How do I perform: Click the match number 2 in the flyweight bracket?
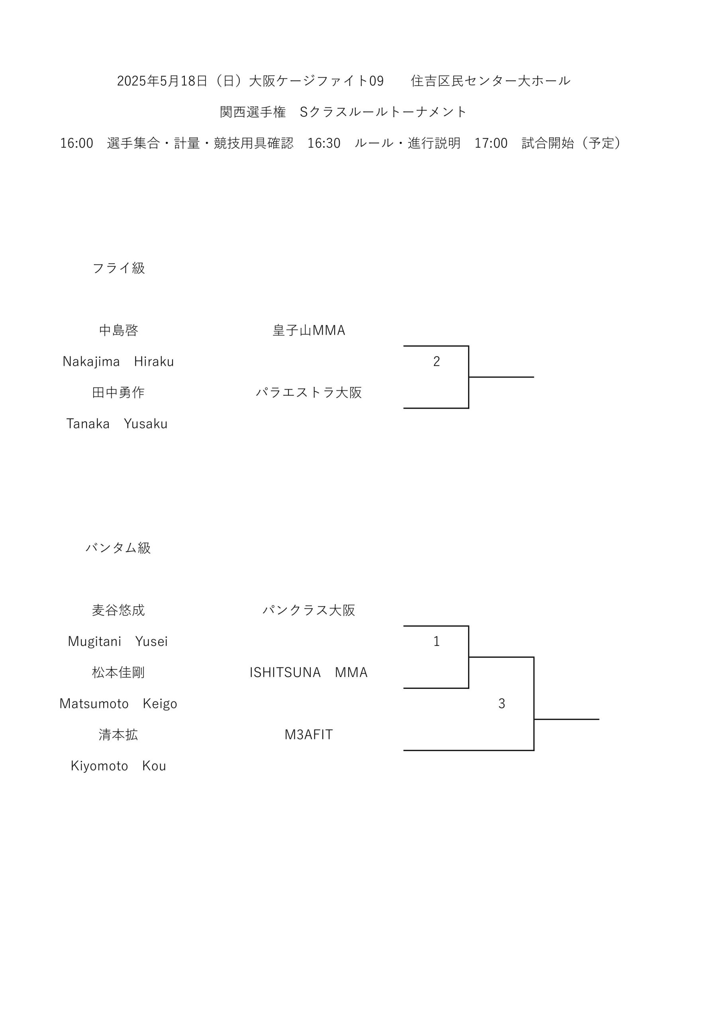pos(436,361)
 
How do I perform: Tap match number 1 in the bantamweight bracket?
pos(436,641)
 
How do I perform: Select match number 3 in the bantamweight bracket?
pos(502,703)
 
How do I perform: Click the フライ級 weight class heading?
pos(119,268)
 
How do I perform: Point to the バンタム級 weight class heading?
pos(118,548)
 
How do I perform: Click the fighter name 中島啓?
pos(119,330)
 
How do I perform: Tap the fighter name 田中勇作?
pos(118,392)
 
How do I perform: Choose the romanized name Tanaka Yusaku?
pos(117,424)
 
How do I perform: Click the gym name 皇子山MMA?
pos(309,330)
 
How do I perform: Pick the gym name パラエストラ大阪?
pos(309,392)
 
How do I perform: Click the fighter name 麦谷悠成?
pos(118,610)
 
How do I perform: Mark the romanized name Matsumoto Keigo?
pos(118,704)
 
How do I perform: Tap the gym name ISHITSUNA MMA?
pos(308,672)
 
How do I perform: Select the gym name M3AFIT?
pos(309,734)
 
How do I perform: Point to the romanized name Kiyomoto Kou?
pos(118,766)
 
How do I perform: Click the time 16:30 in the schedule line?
pos(324,143)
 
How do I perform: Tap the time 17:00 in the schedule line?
pos(491,143)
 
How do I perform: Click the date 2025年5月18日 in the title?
pos(162,81)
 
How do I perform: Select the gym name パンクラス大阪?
pos(309,610)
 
